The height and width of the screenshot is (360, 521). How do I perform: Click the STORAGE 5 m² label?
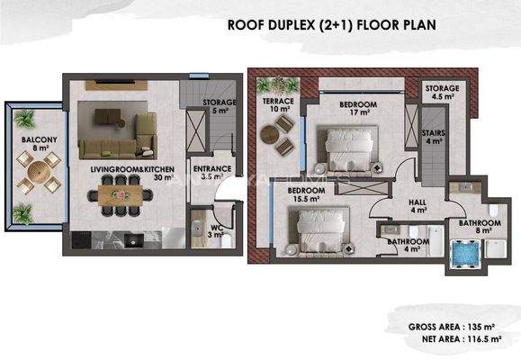tap(219, 107)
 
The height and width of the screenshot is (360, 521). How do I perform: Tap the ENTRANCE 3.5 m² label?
tap(212, 173)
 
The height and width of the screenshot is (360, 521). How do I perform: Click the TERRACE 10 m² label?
tap(278, 106)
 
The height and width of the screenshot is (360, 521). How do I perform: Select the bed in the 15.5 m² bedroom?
tap(317, 221)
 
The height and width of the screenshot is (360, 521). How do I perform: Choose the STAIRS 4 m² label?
tap(433, 136)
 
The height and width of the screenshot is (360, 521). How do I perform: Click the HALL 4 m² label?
tap(418, 206)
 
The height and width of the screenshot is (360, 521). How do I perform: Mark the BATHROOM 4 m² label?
tap(407, 246)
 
